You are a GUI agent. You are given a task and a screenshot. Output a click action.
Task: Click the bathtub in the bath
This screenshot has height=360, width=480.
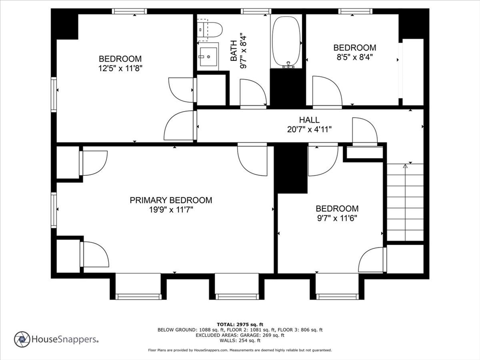pyautogui.click(x=287, y=42)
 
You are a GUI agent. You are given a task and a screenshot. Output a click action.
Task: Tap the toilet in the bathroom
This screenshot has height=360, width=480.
pyautogui.click(x=210, y=30)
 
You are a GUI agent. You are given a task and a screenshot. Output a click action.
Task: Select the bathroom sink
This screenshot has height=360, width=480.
pyautogui.click(x=208, y=56)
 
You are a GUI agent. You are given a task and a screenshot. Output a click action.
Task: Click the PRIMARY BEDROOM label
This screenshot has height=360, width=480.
pyautogui.click(x=171, y=200)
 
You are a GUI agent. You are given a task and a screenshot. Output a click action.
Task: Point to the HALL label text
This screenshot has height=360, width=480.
pyautogui.click(x=309, y=120)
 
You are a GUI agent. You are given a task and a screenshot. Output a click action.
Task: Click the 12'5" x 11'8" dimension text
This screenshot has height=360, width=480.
pyautogui.click(x=120, y=68)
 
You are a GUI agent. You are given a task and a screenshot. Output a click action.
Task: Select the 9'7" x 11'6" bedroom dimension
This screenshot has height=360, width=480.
pyautogui.click(x=337, y=218)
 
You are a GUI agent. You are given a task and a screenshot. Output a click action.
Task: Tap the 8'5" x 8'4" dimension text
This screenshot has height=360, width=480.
pyautogui.click(x=355, y=57)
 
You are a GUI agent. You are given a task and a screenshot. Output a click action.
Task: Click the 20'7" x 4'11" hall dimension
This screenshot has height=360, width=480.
pyautogui.click(x=309, y=129)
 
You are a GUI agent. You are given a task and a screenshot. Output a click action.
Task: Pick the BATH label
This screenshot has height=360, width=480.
pyautogui.click(x=233, y=51)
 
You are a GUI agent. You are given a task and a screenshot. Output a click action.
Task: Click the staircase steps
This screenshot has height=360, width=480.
pyautogui.click(x=405, y=202)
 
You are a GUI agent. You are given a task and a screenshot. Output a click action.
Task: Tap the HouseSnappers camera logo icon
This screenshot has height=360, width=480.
pyautogui.click(x=22, y=339)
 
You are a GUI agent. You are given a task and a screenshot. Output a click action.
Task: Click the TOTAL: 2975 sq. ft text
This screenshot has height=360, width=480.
pyautogui.click(x=240, y=324)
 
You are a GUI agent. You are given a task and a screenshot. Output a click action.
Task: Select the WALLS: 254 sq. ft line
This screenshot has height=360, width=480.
pyautogui.click(x=240, y=340)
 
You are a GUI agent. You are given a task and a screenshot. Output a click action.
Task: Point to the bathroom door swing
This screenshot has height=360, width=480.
pyautogui.click(x=253, y=93)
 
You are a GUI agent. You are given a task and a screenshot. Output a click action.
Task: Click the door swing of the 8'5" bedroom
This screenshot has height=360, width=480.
pyautogui.click(x=327, y=91)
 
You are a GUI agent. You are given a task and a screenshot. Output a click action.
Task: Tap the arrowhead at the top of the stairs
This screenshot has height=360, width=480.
pyautogui.click(x=405, y=166)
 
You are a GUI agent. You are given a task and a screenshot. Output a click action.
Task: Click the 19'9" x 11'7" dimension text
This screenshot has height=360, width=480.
pyautogui.click(x=171, y=210)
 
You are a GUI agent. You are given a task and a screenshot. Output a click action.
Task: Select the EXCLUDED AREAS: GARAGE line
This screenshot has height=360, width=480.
pyautogui.click(x=240, y=335)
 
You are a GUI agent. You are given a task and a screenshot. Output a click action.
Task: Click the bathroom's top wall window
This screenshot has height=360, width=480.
pyautogui.click(x=256, y=11)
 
